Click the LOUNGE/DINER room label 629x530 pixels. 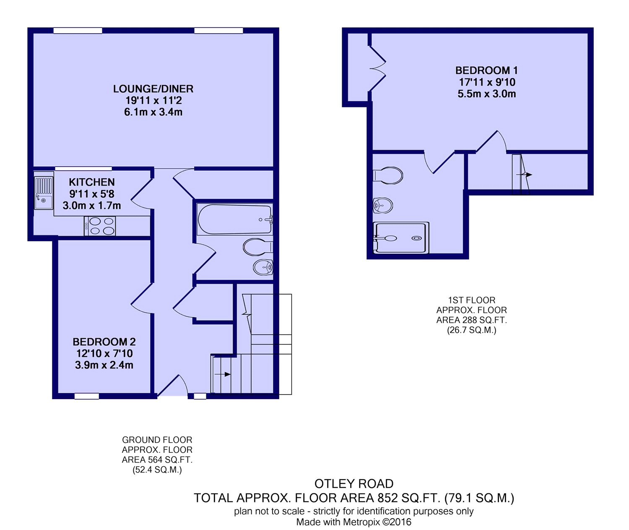click(153, 89)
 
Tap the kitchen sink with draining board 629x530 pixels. click(44, 193)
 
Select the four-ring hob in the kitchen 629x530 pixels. click(100, 225)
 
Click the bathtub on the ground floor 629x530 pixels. click(234, 219)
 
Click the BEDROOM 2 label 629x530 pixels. click(104, 342)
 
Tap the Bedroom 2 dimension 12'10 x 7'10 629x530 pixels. click(104, 353)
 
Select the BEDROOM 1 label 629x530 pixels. click(486, 70)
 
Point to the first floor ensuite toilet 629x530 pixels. click(388, 175)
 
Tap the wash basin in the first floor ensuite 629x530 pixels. click(383, 205)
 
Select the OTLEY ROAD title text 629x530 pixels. click(354, 484)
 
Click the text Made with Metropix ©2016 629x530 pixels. click(354, 522)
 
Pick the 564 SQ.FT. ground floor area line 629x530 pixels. click(157, 460)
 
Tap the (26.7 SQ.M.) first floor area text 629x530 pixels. click(472, 330)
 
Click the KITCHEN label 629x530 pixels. click(92, 182)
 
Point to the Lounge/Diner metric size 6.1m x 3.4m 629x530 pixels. click(153, 112)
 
